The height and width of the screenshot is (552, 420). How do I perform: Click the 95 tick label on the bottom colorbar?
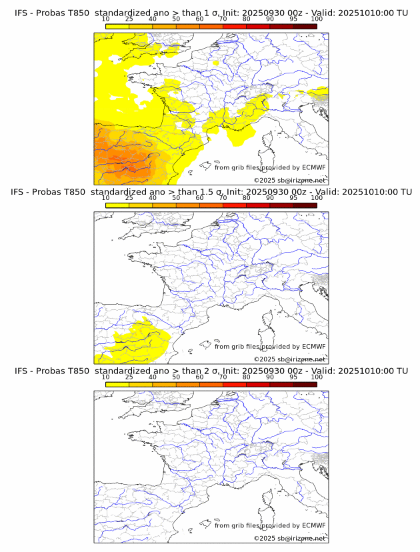pyautogui.click(x=293, y=377)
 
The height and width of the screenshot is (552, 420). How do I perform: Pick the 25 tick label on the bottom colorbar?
pyautogui.click(x=129, y=377)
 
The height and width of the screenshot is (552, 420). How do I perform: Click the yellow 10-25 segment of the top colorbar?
pyautogui.click(x=117, y=27)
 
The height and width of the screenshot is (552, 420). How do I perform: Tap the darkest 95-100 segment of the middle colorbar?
pyautogui.click(x=305, y=205)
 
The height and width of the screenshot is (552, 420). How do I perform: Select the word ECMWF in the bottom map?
pyautogui.click(x=314, y=525)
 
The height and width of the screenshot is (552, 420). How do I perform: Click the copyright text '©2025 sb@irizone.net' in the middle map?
pyautogui.click(x=290, y=359)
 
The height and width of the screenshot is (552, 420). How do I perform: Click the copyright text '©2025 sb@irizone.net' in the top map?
pyautogui.click(x=290, y=181)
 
